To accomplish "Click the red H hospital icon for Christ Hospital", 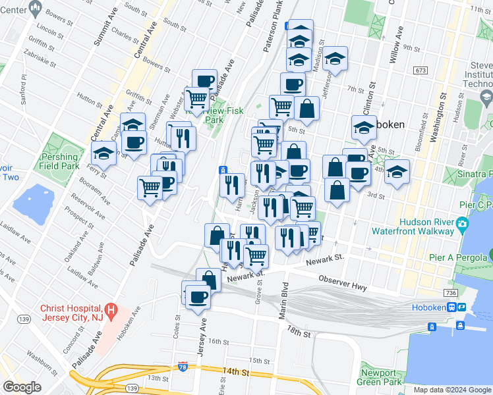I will [x=111, y=309].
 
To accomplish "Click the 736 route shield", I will [x=451, y=292].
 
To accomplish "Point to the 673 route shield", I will [x=420, y=70].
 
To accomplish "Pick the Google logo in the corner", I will [x=23, y=387].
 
